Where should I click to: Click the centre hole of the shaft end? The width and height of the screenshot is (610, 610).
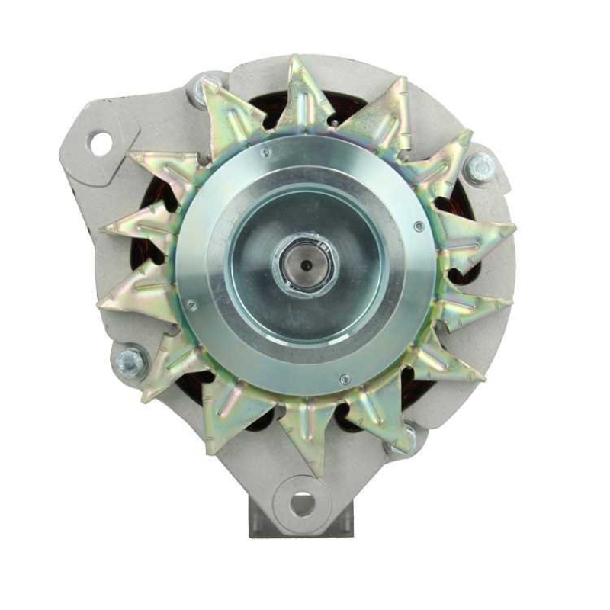[x=304, y=265]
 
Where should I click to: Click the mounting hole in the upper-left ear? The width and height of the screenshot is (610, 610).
[x=100, y=143]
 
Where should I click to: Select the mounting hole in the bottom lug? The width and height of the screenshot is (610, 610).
[x=303, y=502]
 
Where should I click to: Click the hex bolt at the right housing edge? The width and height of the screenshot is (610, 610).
[x=480, y=169]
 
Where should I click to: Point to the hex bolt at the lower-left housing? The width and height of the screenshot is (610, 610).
[x=130, y=361]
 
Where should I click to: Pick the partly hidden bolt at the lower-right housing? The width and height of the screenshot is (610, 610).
[x=407, y=438]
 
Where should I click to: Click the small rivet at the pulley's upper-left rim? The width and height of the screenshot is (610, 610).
[x=265, y=152]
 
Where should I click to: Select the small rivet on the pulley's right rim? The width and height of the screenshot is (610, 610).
[x=418, y=226]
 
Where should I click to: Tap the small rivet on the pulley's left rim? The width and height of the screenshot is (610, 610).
[x=191, y=305]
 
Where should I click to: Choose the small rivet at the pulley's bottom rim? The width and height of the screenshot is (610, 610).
[x=345, y=379]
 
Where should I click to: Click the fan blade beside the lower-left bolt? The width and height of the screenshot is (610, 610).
[x=164, y=366]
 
